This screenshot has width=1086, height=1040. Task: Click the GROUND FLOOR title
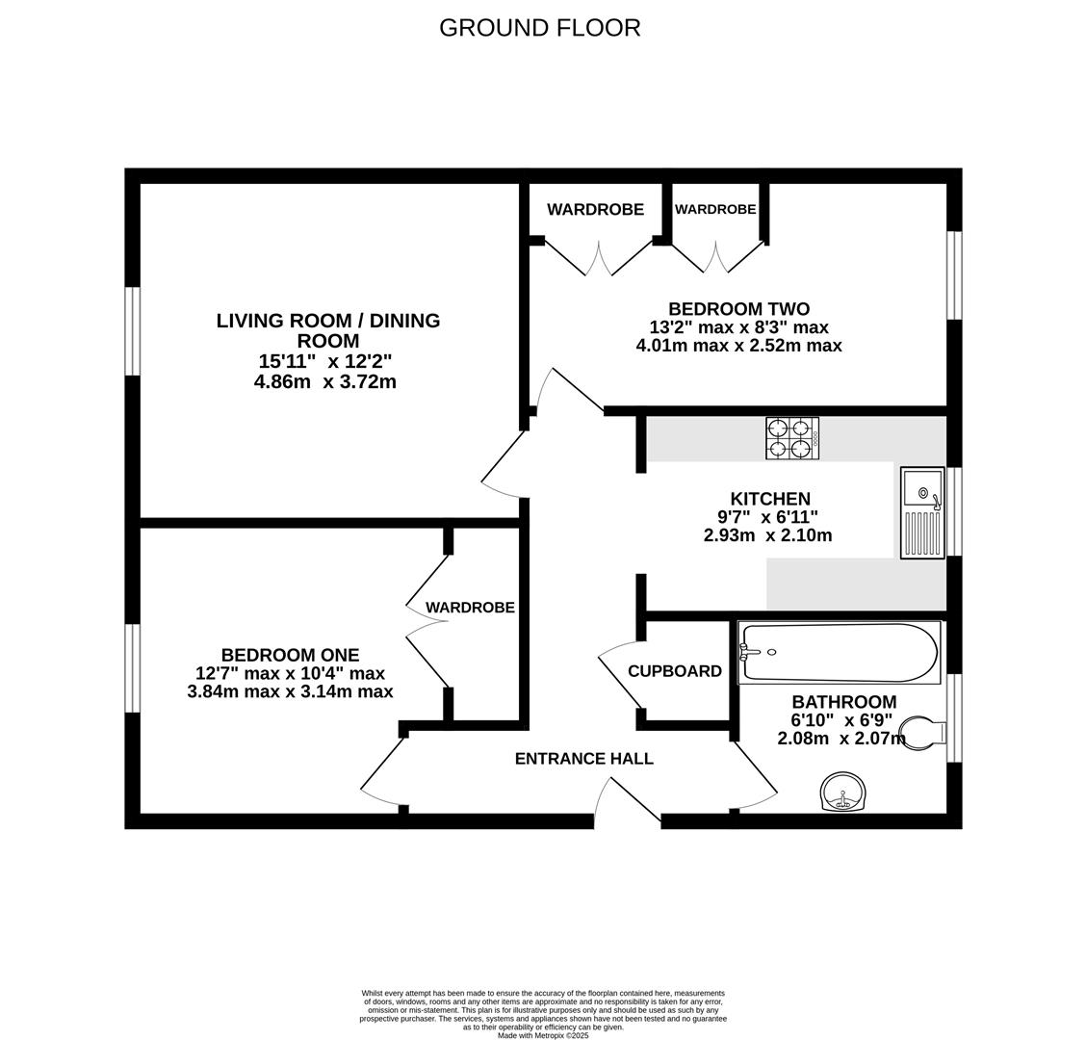tap(539, 28)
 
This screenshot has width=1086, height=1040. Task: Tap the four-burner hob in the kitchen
tap(791, 438)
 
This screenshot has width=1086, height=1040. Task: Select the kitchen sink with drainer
tap(922, 512)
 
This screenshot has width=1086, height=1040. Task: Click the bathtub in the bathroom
tap(838, 653)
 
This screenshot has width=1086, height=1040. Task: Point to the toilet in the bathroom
tap(918, 733)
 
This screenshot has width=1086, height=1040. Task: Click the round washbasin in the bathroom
tap(842, 793)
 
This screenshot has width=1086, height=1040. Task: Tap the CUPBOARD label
tap(674, 671)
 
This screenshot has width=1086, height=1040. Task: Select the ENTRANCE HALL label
tap(583, 759)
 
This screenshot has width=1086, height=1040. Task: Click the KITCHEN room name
tap(770, 499)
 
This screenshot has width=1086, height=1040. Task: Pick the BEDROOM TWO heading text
tap(738, 309)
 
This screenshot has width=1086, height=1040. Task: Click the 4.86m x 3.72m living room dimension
tap(324, 382)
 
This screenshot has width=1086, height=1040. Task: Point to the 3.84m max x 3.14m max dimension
tap(290, 691)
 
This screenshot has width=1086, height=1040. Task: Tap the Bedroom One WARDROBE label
tap(470, 608)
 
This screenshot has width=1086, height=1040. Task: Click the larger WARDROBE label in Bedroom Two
tap(595, 210)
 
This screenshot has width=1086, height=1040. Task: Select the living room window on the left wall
tap(133, 330)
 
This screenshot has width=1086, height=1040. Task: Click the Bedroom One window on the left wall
tap(133, 668)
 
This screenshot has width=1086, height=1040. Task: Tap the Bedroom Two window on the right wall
tap(953, 274)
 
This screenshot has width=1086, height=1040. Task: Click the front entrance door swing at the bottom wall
tap(626, 802)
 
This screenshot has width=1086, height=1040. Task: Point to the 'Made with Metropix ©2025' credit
tap(542, 1035)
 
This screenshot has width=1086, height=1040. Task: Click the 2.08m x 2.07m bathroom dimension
tap(840, 739)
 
